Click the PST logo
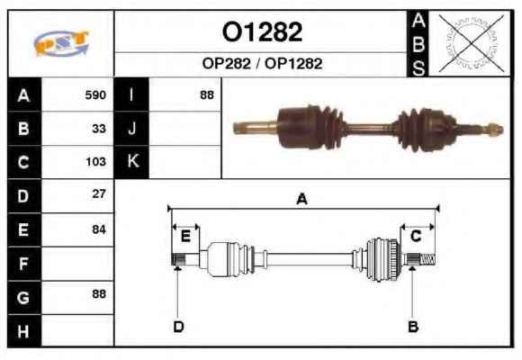(61, 43)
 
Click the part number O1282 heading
(262, 32)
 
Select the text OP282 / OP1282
(262, 64)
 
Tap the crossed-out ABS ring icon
(472, 43)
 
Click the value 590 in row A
(95, 95)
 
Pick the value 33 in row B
(99, 129)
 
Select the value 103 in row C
(96, 161)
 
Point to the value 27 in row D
(99, 193)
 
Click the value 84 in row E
(99, 229)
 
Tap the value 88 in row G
(99, 293)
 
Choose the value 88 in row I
(207, 95)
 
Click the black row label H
(23, 331)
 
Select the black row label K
(131, 161)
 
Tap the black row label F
(23, 264)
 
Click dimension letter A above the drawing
(301, 199)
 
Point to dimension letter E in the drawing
(185, 237)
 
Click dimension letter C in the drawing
(416, 236)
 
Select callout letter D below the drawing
(178, 327)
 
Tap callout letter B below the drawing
(413, 327)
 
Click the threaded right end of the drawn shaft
(427, 259)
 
